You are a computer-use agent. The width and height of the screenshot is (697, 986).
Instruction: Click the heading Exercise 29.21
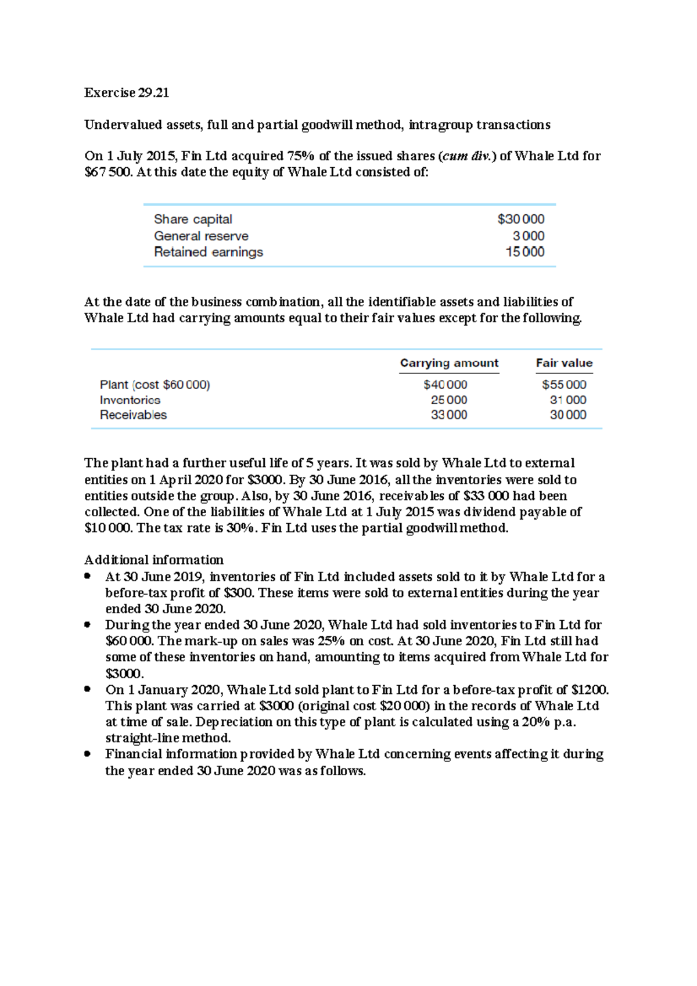(127, 93)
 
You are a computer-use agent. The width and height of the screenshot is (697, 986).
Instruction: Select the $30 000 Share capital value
(520, 219)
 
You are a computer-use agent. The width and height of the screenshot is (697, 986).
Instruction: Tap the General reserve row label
(201, 236)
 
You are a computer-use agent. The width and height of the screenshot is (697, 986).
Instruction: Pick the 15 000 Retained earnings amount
(524, 252)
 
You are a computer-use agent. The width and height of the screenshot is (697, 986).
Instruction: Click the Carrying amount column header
(449, 364)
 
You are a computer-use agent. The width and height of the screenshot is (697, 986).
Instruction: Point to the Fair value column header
(564, 364)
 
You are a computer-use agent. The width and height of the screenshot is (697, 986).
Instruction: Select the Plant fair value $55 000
(564, 385)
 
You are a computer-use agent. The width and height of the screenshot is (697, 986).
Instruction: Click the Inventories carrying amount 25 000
(449, 400)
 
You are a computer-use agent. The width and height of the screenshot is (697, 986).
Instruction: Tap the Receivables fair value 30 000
(567, 415)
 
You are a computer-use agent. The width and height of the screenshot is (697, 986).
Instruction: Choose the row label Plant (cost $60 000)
(155, 385)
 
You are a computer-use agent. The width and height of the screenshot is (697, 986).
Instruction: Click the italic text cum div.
(466, 156)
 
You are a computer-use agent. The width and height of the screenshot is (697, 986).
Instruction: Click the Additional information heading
(154, 560)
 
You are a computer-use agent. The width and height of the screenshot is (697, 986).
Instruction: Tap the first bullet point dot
(88, 577)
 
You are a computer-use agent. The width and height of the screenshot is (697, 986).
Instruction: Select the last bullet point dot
(88, 754)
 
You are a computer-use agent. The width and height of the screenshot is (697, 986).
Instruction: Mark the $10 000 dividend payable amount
(109, 528)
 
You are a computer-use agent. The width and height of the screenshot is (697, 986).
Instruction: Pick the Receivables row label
(133, 415)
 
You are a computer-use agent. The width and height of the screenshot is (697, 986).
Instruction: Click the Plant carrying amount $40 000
(445, 385)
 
